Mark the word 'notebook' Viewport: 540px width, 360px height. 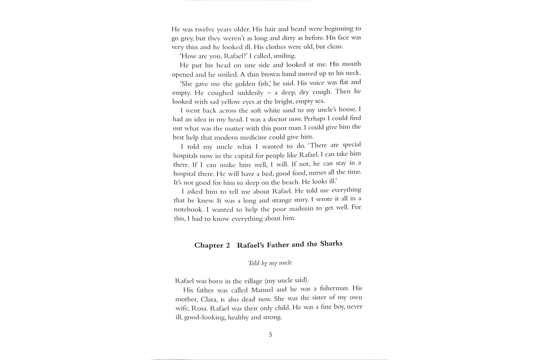click(x=188, y=209)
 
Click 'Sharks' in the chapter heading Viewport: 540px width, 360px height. click(x=331, y=243)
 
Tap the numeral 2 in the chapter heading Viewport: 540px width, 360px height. click(x=228, y=245)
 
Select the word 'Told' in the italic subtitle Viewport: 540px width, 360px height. click(x=253, y=263)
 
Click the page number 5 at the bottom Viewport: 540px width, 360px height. click(x=270, y=334)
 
